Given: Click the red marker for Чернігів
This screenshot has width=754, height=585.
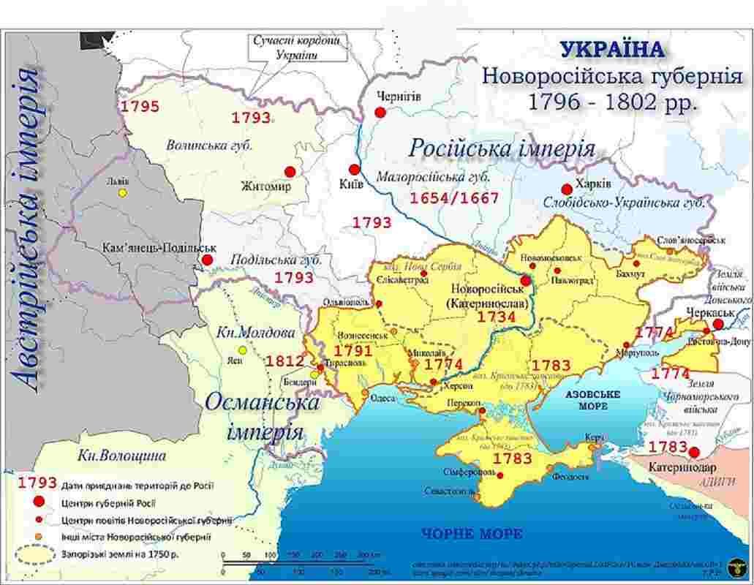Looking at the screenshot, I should [380, 112].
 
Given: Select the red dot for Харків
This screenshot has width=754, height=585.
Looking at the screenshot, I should [566, 189].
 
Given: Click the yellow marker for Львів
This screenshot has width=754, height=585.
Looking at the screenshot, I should [123, 193].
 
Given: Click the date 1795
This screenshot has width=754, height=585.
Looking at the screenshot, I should [140, 107].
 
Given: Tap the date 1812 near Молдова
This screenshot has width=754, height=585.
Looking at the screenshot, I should [284, 361].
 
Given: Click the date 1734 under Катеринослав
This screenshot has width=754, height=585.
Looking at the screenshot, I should [497, 317].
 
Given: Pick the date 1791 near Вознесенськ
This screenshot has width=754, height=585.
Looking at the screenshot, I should [353, 352].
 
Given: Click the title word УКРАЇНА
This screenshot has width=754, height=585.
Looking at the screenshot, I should [613, 50].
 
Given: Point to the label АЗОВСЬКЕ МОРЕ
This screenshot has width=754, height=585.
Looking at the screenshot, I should [592, 399].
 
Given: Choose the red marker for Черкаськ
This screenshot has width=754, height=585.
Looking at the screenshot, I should [718, 324].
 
